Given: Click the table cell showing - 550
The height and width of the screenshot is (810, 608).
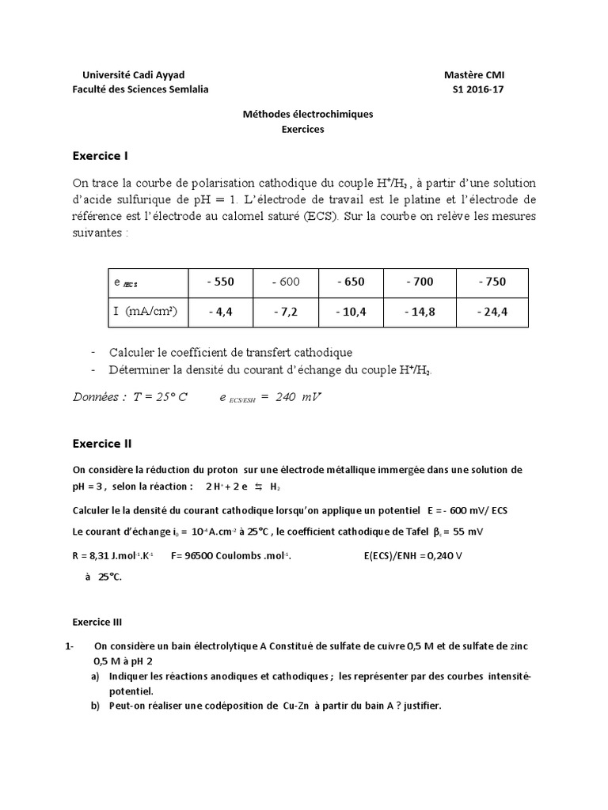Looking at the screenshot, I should pos(220,282).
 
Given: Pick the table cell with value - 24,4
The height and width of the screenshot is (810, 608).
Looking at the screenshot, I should pos(492,312).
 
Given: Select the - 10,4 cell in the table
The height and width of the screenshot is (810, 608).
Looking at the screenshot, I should pos(351,312).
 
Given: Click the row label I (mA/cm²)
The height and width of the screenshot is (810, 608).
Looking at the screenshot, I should pos(145,312).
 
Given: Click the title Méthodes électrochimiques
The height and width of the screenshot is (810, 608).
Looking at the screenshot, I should pos(307,114).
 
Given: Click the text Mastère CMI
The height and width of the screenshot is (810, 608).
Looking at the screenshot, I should pos(473,74).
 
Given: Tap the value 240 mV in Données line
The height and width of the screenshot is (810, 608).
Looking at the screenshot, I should pos(298,397).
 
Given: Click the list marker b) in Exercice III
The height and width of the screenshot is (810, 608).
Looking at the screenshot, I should pos(95,706).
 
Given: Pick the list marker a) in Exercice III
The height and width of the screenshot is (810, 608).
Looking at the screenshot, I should pos(95,676).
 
